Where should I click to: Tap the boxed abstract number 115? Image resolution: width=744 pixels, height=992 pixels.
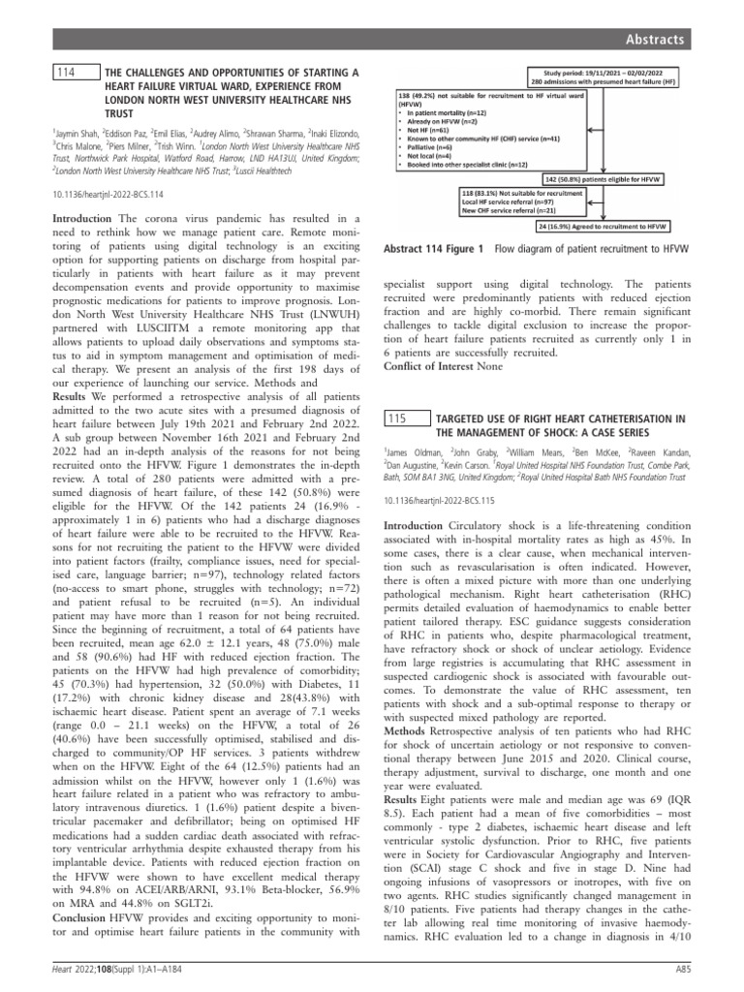point(396,418)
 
